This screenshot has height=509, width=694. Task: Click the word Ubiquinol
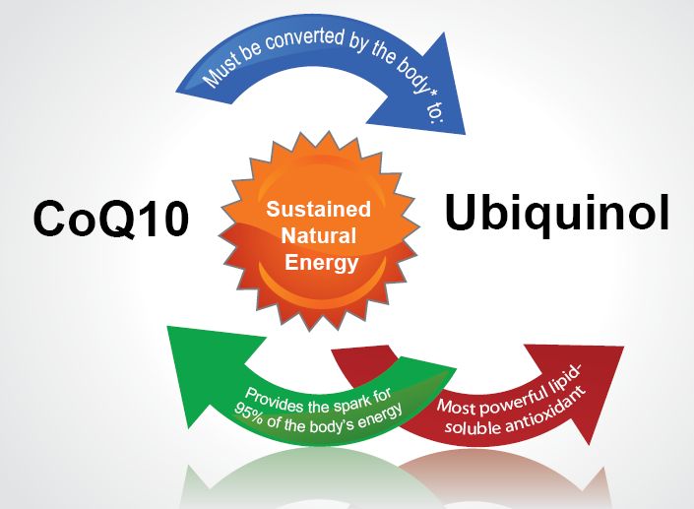tap(556, 213)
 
